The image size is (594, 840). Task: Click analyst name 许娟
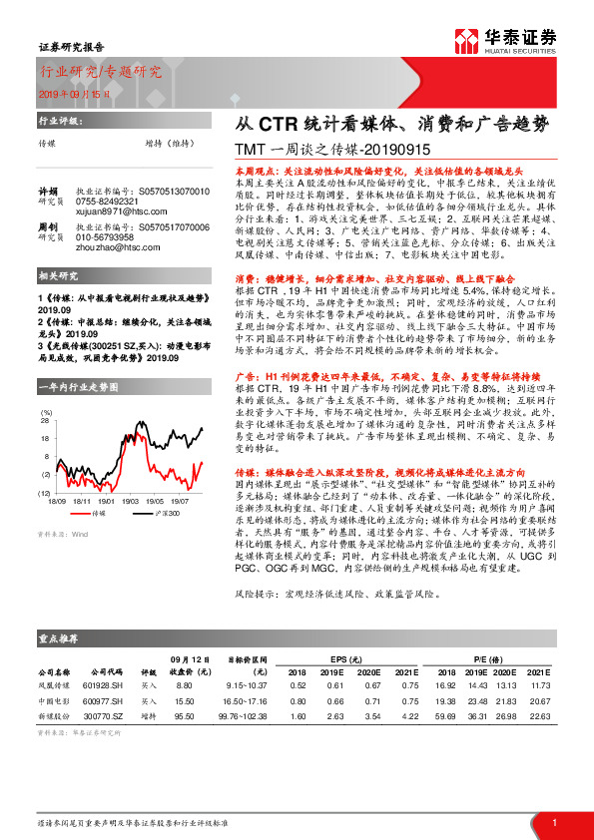pyautogui.click(x=47, y=191)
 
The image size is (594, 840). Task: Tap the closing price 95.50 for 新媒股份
pyautogui.click(x=183, y=716)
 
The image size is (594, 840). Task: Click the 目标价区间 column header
pyautogui.click(x=244, y=659)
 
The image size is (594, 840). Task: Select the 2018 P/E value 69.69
pyautogui.click(x=445, y=716)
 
